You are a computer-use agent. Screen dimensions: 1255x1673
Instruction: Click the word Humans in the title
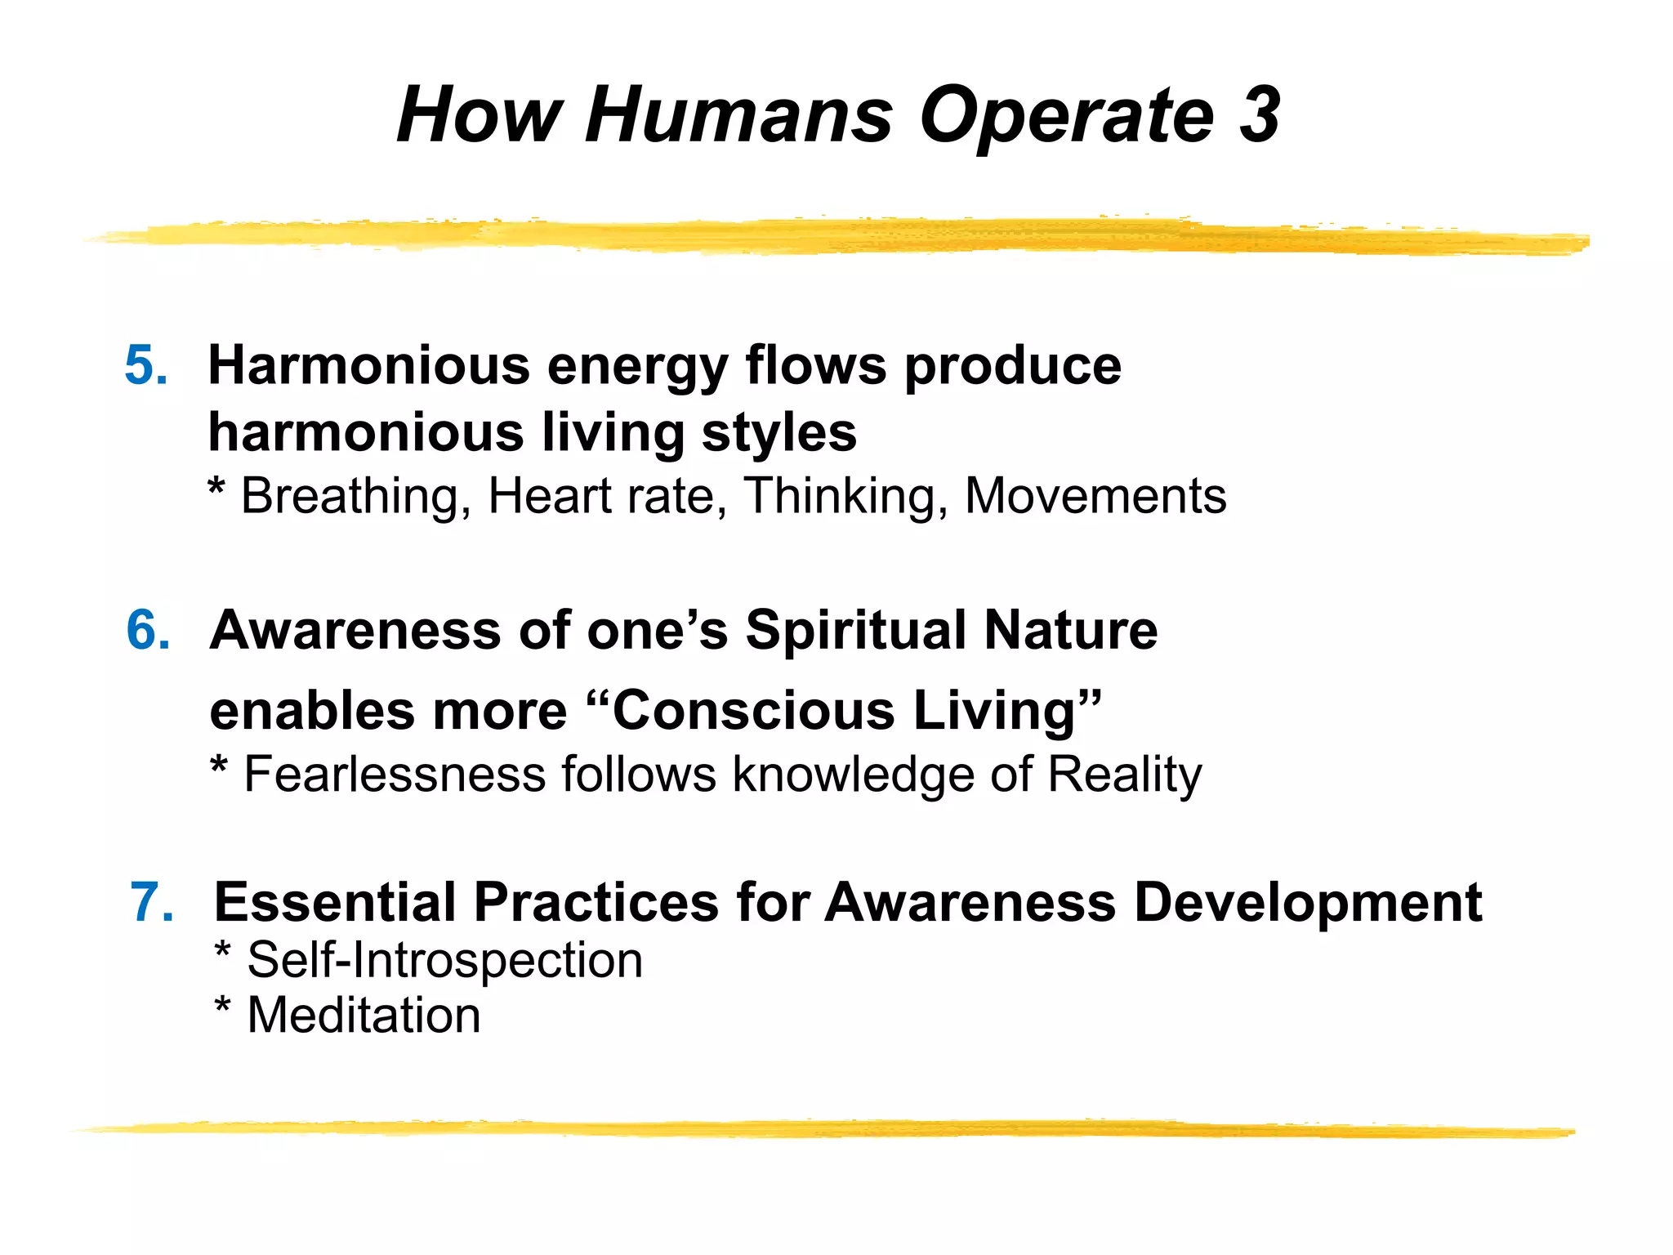click(x=738, y=115)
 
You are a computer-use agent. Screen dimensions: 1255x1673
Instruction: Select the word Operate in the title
click(x=1067, y=115)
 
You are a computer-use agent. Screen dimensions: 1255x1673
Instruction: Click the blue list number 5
click(x=146, y=364)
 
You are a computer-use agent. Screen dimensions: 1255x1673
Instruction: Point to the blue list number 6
click(x=149, y=630)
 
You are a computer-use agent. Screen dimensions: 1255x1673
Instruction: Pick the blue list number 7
click(x=153, y=903)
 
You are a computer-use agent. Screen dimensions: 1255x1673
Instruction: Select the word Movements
click(x=1095, y=496)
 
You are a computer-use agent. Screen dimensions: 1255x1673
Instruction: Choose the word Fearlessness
click(x=395, y=774)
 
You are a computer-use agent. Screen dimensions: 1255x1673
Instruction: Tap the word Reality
click(x=1124, y=775)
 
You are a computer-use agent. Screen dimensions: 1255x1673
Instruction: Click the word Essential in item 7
click(x=335, y=903)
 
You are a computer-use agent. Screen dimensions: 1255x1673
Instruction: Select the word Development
click(x=1308, y=903)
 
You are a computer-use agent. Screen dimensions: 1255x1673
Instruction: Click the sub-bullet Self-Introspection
click(x=444, y=960)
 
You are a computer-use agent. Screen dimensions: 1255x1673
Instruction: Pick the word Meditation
click(x=364, y=1016)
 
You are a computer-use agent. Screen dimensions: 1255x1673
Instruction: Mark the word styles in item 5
click(x=779, y=433)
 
